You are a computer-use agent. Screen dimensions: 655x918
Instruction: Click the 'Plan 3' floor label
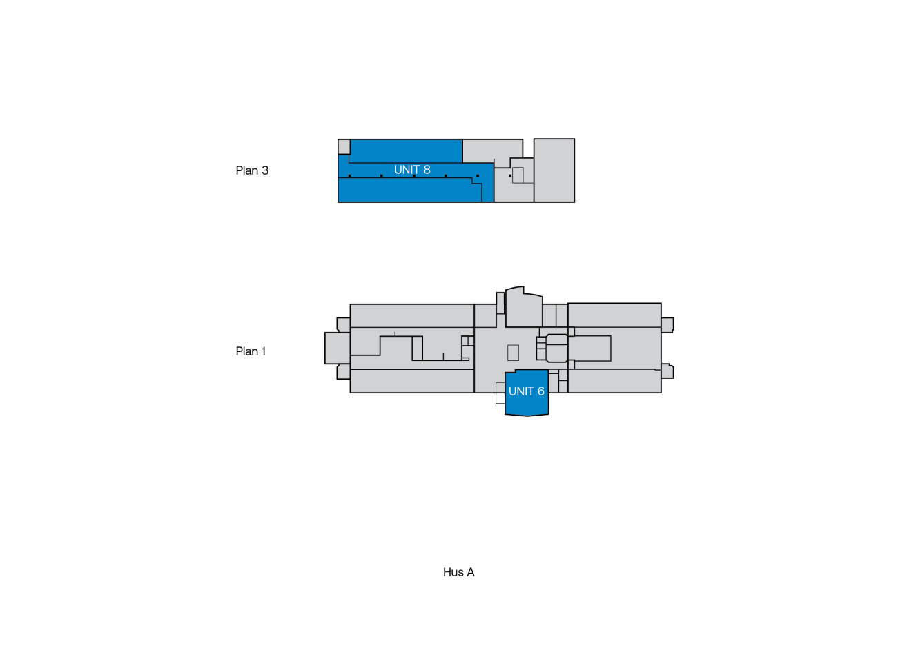[252, 170]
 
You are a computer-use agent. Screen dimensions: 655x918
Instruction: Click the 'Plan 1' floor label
[251, 351]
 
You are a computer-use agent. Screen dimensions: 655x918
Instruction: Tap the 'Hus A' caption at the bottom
[458, 572]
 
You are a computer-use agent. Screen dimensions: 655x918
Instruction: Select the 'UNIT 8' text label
[412, 170]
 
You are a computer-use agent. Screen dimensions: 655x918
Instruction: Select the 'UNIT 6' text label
[526, 391]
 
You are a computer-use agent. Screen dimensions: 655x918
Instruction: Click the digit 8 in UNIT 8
[427, 170]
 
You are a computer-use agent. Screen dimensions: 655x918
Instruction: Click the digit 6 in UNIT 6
[540, 391]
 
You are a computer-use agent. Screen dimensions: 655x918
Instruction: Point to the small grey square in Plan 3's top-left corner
[344, 146]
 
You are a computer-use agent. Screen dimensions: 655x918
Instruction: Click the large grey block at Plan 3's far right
[554, 170]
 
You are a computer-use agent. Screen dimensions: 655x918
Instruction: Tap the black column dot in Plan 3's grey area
[510, 175]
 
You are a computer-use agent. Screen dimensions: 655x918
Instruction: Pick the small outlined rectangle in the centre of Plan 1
[513, 353]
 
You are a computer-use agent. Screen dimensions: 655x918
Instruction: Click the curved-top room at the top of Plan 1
[524, 308]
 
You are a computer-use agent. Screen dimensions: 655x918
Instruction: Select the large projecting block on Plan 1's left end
[337, 348]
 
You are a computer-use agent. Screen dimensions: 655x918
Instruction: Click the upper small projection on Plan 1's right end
[667, 324]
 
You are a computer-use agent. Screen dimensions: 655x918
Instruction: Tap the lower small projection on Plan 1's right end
[667, 371]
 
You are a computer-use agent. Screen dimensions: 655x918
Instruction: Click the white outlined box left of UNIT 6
[500, 393]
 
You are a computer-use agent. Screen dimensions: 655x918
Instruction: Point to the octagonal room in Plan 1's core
[556, 348]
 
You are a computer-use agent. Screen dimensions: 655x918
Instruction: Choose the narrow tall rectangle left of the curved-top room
[500, 303]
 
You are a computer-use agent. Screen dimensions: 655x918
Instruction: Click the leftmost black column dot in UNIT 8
[349, 175]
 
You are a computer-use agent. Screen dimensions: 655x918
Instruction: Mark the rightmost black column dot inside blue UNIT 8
[478, 175]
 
